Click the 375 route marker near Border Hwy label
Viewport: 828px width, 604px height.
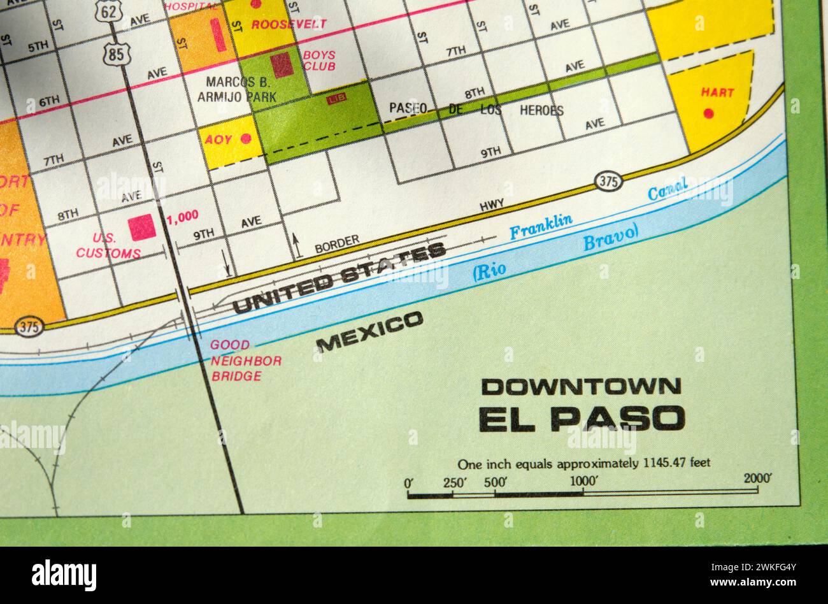pos(608,182)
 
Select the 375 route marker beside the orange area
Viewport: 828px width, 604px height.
pos(29,327)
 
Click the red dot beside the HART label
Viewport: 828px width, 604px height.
pos(708,113)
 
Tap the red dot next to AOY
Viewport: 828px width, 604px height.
pos(246,138)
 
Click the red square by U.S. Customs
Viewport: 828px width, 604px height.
pos(142,227)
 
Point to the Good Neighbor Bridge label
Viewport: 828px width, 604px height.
pos(245,361)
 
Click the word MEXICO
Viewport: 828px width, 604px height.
pos(369,331)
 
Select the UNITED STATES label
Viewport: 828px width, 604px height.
pos(339,278)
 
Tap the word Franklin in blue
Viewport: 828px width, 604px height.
pos(541,226)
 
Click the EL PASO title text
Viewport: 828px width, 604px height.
pos(582,419)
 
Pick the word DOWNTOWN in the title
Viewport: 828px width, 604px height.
pos(581,386)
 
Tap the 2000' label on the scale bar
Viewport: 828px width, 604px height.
pos(757,478)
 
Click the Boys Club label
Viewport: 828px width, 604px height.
pos(319,61)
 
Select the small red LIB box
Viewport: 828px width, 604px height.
pos(336,99)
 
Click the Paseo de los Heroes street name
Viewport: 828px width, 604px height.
pos(476,109)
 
